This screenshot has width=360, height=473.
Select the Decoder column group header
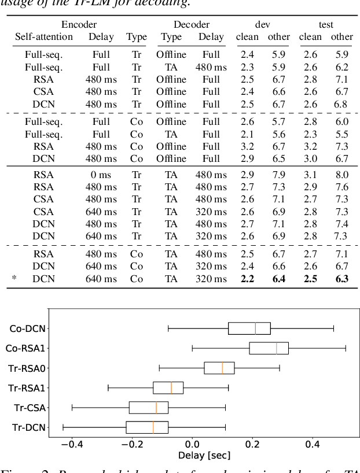pos(192,25)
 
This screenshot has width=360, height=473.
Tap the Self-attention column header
pos(44,37)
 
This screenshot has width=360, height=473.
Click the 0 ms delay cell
pos(101,174)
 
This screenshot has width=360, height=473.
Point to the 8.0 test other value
pos(341,174)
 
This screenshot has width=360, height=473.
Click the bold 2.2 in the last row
pos(247,279)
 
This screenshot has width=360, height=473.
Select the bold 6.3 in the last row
pos(341,279)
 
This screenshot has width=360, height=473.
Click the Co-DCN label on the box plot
pos(28,328)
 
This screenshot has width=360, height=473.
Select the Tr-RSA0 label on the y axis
pos(27,368)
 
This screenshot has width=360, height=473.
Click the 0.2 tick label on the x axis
pos(252,445)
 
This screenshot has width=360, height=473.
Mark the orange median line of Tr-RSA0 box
pos(222,368)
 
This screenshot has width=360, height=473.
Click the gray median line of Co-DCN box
pos(255,328)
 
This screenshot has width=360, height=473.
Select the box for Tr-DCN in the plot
pos(147,427)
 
